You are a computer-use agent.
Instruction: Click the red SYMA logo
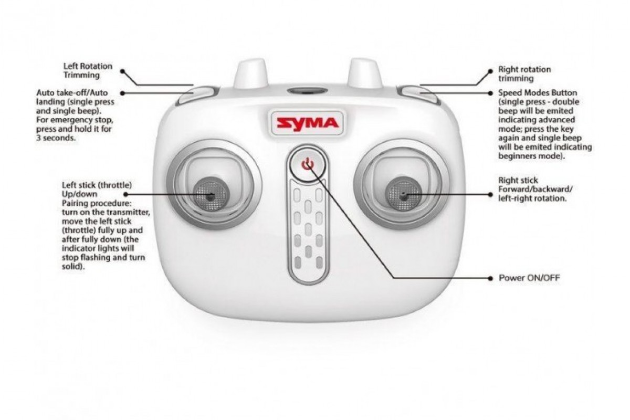(x=308, y=123)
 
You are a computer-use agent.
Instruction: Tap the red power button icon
(x=308, y=163)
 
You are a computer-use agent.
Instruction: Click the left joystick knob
(x=211, y=194)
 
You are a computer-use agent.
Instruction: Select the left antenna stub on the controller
(x=250, y=72)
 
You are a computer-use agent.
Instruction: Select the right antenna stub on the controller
(x=365, y=72)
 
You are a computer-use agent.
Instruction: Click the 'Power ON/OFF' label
(x=529, y=278)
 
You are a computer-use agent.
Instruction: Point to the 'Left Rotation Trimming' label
(x=88, y=70)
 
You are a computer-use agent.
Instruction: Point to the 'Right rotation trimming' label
(x=524, y=73)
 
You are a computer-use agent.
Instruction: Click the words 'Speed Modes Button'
(x=538, y=92)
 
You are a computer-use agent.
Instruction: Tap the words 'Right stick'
(x=518, y=180)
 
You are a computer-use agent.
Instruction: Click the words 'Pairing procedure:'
(x=97, y=203)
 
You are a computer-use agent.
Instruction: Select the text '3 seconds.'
(x=56, y=138)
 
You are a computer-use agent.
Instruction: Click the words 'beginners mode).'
(x=531, y=156)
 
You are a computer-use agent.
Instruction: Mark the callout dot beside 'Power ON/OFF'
(x=490, y=278)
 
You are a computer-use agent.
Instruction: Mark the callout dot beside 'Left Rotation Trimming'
(x=122, y=71)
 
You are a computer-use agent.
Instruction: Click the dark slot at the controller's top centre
(x=308, y=91)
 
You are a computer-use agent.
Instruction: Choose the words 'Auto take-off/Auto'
(x=72, y=92)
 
